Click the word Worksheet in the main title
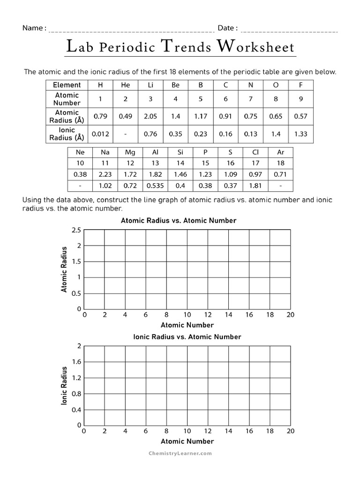pos(255,47)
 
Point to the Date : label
pos(227,28)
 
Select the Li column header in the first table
pos(150,85)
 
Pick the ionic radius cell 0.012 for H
pos(100,134)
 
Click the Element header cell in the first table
pos(67,85)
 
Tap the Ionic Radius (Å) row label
pos(67,134)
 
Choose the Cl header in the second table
pos(255,152)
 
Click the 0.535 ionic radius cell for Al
pos(156,186)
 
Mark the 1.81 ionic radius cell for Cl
pos(255,186)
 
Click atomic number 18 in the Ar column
pos(280,163)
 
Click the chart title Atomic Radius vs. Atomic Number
pos(179,220)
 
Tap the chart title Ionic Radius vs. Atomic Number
pos(187,337)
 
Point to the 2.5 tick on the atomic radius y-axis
pos(76,230)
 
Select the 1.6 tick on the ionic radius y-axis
pos(76,362)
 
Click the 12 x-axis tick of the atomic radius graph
pos(208,315)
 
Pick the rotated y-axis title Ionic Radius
pos(65,386)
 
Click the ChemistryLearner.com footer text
pos(180,453)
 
